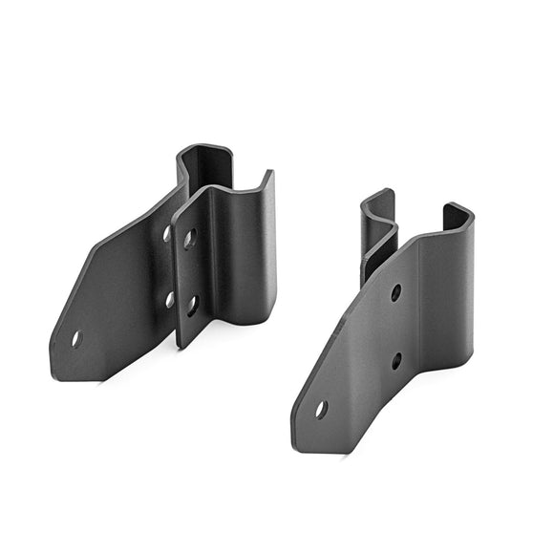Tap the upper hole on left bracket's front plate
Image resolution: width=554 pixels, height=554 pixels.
coord(190,238)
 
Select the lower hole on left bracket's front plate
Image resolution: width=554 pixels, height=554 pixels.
coord(192,306)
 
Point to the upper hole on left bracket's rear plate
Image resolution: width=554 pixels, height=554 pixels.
coord(167,232)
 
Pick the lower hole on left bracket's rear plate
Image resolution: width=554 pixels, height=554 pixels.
coord(170,299)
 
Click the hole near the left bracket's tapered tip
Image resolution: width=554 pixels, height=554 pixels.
coord(76,338)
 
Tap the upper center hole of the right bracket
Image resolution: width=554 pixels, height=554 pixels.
coord(395,292)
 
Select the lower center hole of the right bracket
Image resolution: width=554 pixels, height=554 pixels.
coord(396,361)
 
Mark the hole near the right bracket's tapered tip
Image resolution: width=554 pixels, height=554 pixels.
coord(321,409)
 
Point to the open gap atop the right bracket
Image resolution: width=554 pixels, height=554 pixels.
coord(420,215)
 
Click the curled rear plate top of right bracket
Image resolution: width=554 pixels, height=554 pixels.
coord(378,205)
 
